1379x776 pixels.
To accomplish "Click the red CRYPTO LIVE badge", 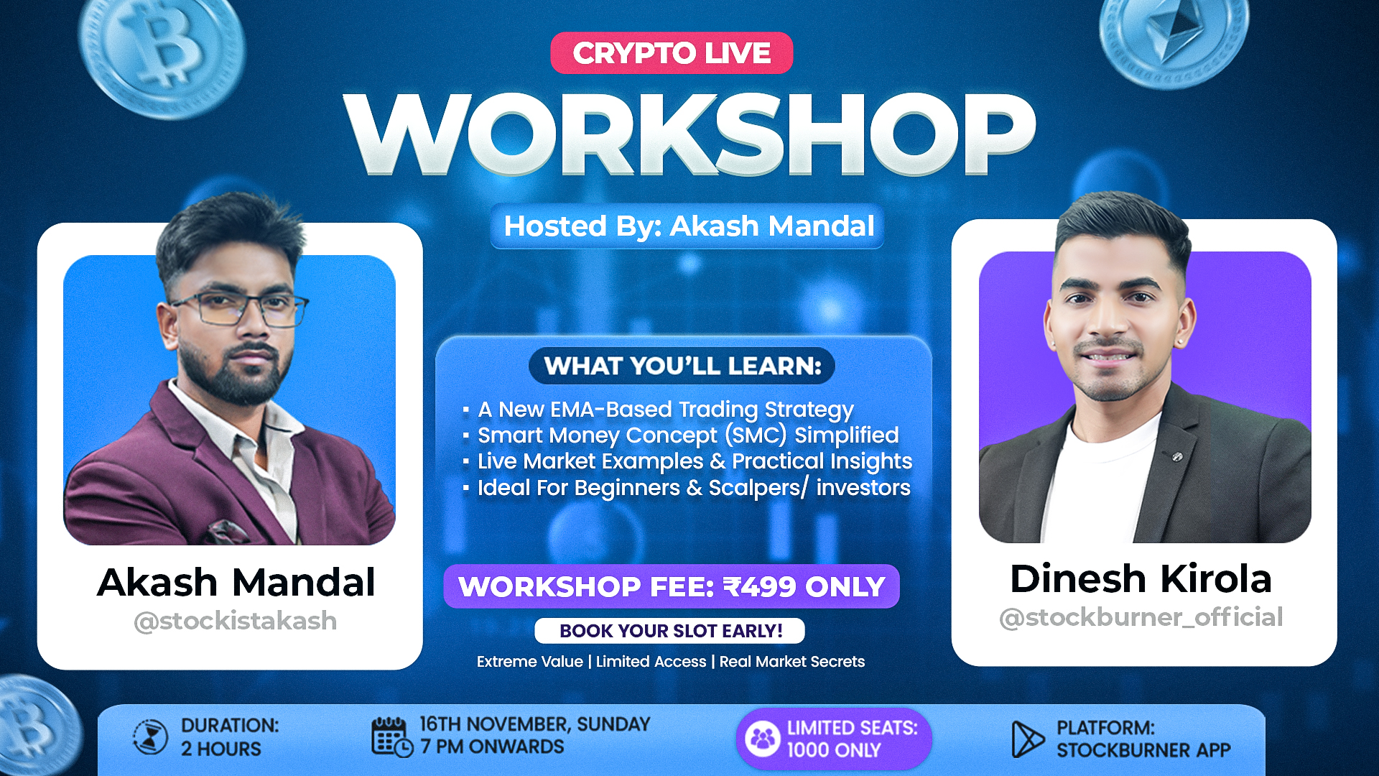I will pos(672,53).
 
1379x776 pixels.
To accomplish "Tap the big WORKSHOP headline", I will pos(689,135).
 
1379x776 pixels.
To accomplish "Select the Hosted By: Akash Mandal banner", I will pos(688,226).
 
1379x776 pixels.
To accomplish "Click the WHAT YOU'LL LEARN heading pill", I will pos(682,366).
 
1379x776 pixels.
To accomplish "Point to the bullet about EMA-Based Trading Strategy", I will pos(665,410).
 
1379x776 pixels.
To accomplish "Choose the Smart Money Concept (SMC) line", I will pos(687,435).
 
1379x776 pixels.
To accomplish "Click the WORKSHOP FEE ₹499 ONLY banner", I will pos(672,587).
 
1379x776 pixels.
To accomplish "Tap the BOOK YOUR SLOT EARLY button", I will pos(670,631).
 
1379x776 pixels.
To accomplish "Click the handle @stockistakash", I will pos(235,621).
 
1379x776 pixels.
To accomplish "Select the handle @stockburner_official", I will pos(1141,617).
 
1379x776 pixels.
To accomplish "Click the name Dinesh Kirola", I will pos(1141,579).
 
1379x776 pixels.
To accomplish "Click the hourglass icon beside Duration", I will pos(150,737).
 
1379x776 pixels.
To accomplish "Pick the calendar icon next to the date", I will pos(391,737).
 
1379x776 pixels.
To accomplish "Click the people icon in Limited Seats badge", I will pos(762,739).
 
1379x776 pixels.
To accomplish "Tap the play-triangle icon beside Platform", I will pos(1026,739).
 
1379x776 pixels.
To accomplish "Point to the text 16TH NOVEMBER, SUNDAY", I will pos(534,724).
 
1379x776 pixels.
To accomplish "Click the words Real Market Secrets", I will pos(791,662).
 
